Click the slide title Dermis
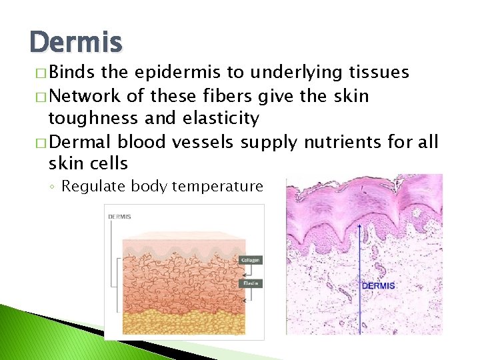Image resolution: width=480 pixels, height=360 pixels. [x=76, y=43]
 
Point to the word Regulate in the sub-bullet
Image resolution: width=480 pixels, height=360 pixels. [x=94, y=186]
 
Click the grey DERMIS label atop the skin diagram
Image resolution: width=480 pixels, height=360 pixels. [x=120, y=217]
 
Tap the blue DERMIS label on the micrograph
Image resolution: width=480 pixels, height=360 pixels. [x=378, y=285]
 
